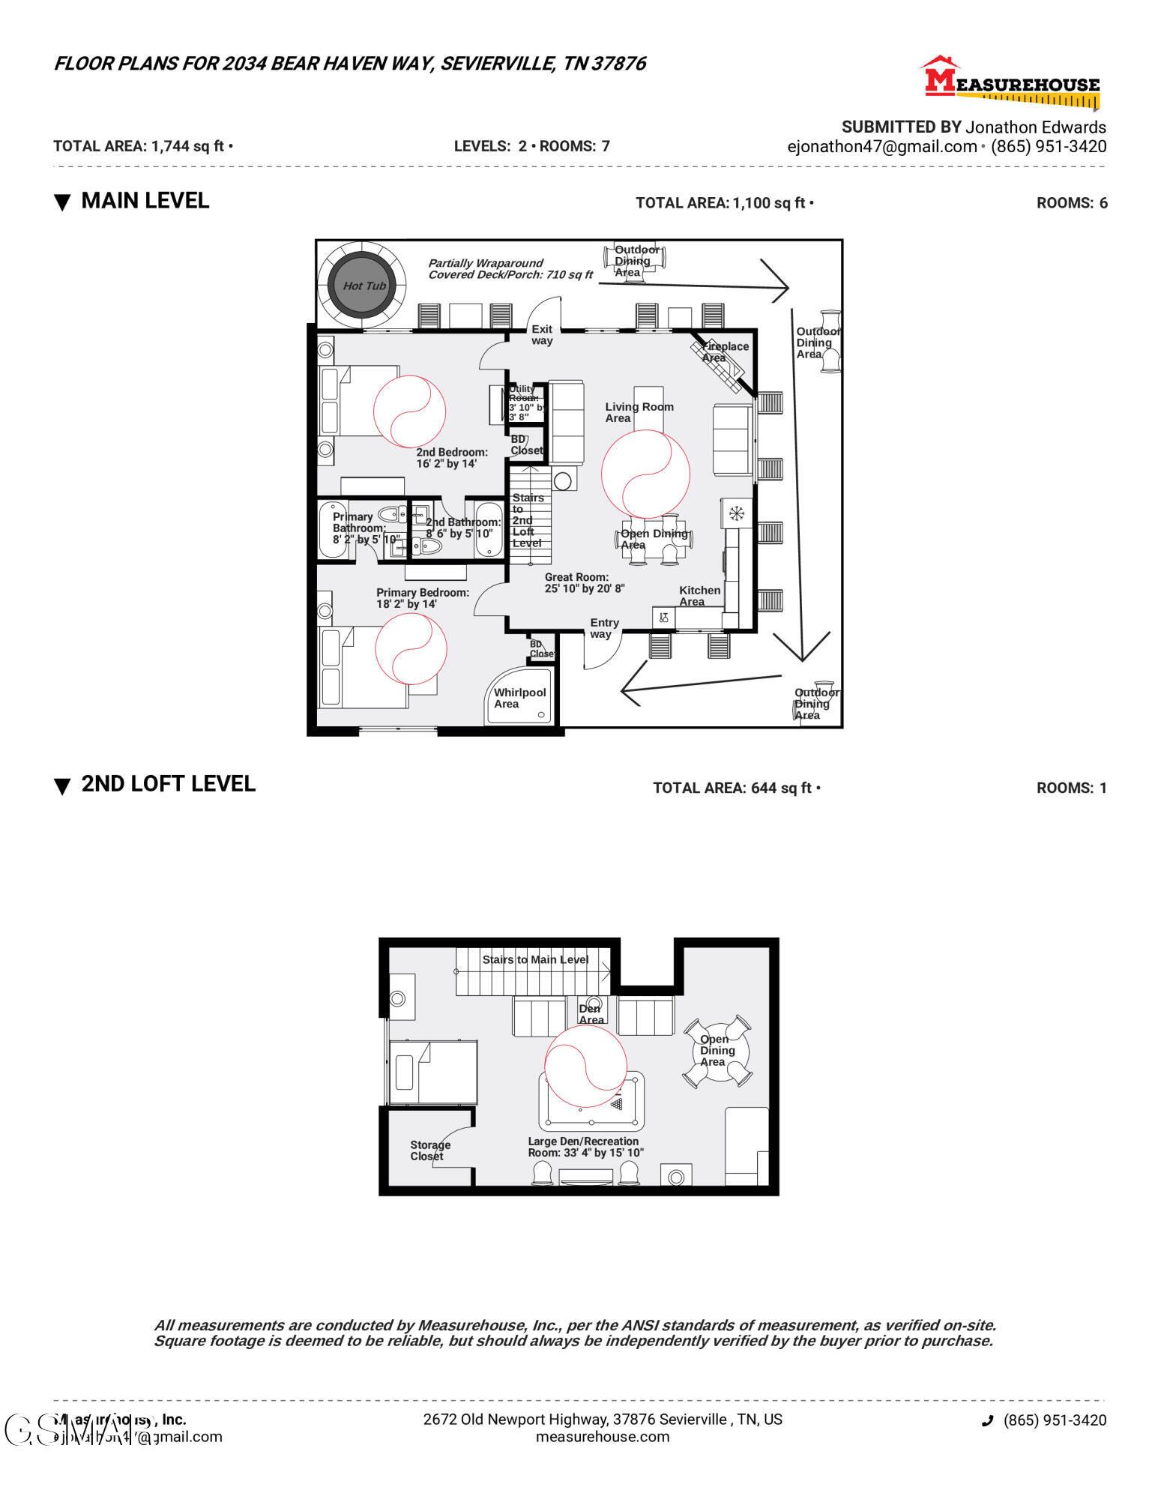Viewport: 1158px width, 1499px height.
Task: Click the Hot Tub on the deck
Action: (x=364, y=285)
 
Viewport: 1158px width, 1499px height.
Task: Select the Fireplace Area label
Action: (x=723, y=352)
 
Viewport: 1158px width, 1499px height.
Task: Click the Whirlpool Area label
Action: (x=519, y=698)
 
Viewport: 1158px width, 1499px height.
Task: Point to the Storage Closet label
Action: (x=429, y=1150)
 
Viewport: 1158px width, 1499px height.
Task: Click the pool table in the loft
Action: (x=591, y=1100)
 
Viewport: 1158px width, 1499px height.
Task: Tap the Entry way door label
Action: (x=603, y=628)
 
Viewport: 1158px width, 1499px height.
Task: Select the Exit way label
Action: (x=542, y=334)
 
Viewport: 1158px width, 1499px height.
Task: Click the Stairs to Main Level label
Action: (x=535, y=959)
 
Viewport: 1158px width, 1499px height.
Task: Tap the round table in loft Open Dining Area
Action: (x=717, y=1051)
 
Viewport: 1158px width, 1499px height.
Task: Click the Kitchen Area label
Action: (x=699, y=596)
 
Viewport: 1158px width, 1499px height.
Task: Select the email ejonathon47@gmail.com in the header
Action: (x=881, y=147)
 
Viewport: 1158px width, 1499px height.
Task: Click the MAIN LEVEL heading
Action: (x=145, y=201)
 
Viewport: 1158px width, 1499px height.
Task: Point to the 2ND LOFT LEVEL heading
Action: (x=168, y=784)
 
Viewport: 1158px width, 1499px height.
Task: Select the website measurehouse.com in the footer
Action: (x=602, y=1437)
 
